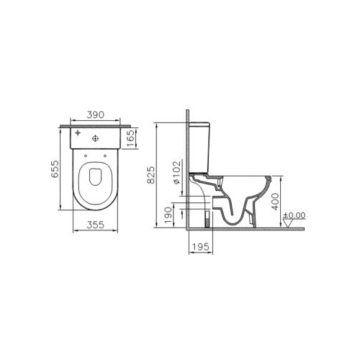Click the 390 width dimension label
[x=95, y=115]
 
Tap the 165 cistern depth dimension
[x=130, y=139]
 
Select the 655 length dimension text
[x=55, y=169]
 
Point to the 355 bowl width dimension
[x=95, y=225]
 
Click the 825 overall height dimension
[x=151, y=175]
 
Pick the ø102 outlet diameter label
[x=177, y=173]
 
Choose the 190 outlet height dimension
[x=168, y=215]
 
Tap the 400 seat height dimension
[x=276, y=201]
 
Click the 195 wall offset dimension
[x=201, y=246]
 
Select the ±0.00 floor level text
[x=294, y=215]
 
